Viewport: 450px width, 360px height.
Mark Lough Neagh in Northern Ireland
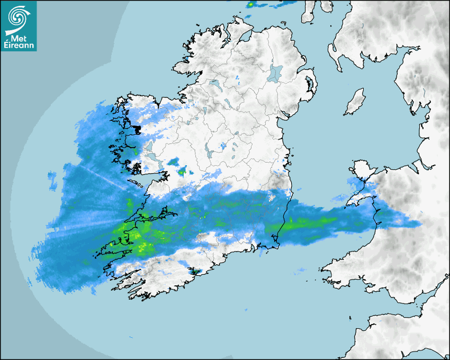(x=275, y=73)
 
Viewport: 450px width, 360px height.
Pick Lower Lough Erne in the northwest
(x=214, y=84)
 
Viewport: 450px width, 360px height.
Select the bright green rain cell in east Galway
(x=183, y=172)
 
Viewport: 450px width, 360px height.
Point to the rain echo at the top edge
(x=251, y=5)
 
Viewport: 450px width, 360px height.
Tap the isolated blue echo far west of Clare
(x=52, y=180)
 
